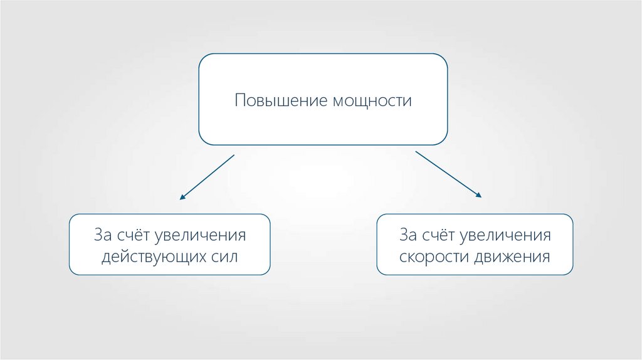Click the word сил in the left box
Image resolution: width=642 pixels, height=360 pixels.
[223, 257]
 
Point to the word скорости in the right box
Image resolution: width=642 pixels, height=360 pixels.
[431, 257]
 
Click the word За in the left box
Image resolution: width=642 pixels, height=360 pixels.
[103, 236]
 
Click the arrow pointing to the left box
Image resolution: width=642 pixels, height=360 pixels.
[207, 177]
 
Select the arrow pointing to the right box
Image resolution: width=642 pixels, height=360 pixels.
[448, 174]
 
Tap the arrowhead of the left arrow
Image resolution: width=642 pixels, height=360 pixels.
[182, 197]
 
